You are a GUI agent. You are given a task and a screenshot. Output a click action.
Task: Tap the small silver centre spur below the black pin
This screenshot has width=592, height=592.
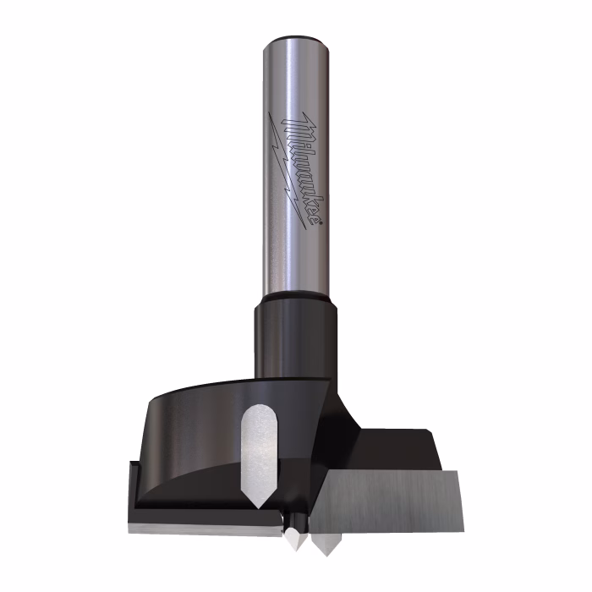295,538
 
